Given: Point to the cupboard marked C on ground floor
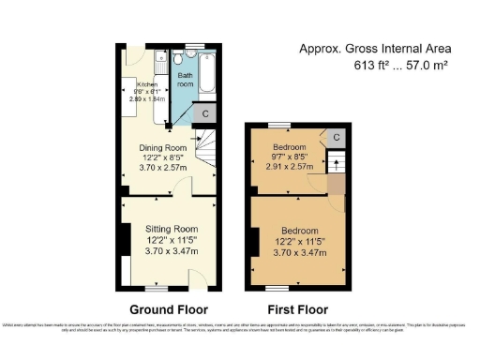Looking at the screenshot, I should (206, 113).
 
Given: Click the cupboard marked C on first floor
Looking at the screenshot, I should (336, 137).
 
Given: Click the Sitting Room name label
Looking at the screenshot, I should (172, 228).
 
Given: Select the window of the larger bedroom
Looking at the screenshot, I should (278, 287).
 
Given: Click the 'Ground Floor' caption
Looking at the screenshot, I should (170, 308).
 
